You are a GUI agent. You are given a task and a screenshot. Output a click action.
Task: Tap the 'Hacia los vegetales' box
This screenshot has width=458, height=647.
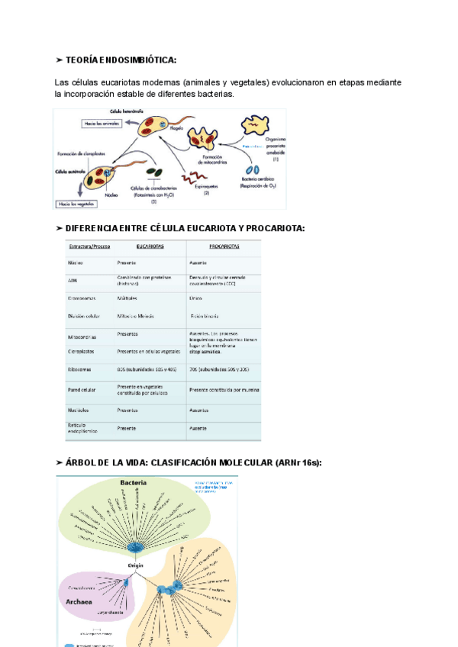76,204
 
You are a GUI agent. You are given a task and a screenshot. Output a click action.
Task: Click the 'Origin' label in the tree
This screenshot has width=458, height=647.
137,565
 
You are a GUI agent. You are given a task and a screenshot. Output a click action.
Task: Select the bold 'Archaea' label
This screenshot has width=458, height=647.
85,602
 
